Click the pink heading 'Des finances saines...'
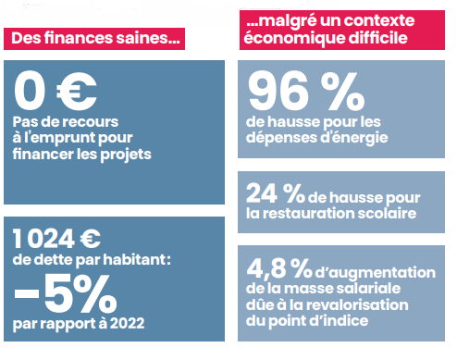coord(93,39)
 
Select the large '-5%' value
coord(65,294)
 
